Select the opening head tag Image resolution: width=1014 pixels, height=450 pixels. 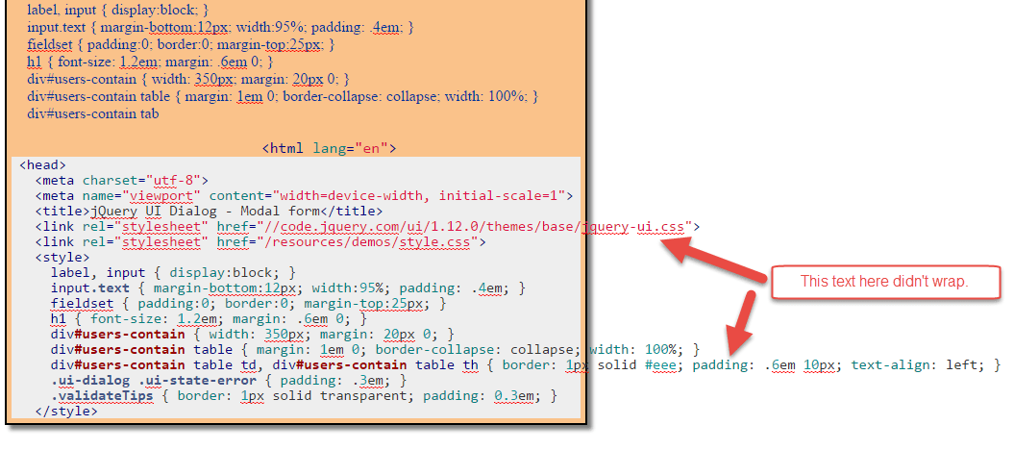point(42,164)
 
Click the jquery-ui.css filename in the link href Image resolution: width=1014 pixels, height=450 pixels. point(634,227)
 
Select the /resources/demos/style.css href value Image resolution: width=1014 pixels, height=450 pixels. point(384,242)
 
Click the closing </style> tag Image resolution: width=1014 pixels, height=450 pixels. point(66,412)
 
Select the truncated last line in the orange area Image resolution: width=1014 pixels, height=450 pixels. point(93,113)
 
